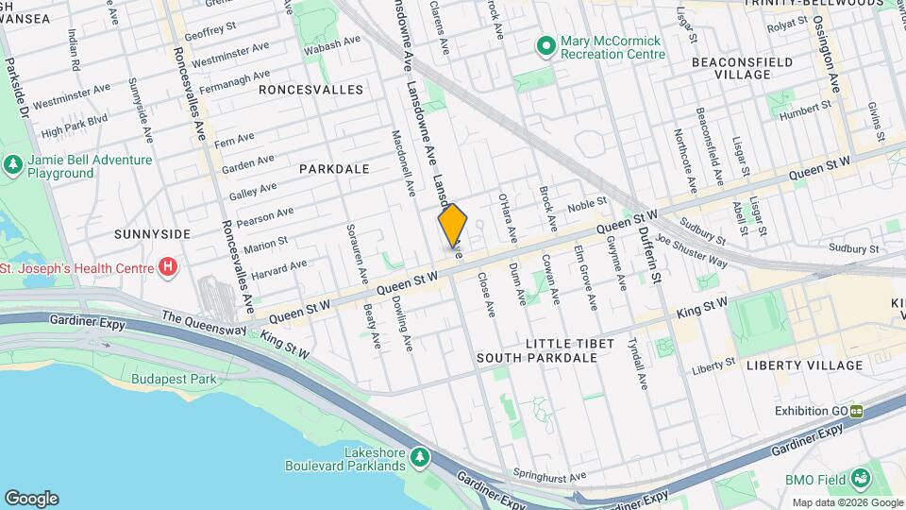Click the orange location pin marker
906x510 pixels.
click(453, 226)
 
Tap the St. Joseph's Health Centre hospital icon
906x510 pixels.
click(168, 267)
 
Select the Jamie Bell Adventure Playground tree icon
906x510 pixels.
click(13, 167)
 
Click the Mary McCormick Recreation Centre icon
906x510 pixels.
click(545, 45)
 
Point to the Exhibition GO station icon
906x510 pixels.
click(857, 411)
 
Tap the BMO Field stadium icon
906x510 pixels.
click(861, 480)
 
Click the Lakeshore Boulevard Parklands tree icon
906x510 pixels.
click(419, 458)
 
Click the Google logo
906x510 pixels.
click(31, 499)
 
